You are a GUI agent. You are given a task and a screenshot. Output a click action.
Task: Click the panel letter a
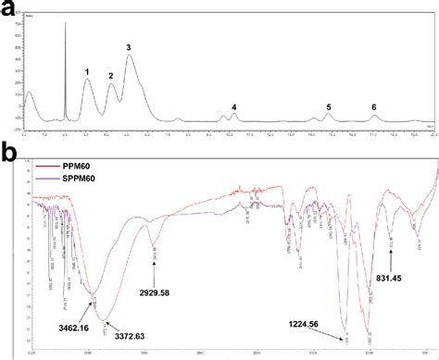coord(8,8)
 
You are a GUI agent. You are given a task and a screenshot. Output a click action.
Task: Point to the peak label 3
coord(129,46)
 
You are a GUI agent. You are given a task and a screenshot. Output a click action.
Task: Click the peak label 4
coord(234,107)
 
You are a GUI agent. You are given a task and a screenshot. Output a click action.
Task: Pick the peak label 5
coord(328,107)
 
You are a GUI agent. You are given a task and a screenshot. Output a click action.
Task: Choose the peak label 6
coord(374,107)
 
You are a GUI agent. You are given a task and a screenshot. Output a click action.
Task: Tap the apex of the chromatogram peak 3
coord(129,56)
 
